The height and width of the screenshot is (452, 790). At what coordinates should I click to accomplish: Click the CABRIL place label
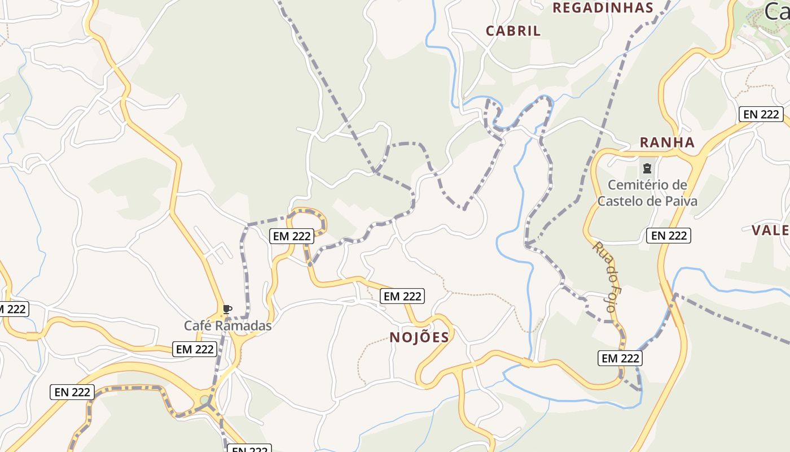[513, 31]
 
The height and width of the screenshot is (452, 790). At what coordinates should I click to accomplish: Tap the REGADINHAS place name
[602, 7]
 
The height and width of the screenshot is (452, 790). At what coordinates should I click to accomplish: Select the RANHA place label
[666, 142]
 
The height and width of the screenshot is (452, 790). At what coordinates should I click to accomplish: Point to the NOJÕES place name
[419, 337]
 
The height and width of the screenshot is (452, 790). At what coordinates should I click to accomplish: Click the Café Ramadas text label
[227, 325]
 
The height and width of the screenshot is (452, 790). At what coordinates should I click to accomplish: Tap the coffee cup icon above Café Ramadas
[227, 308]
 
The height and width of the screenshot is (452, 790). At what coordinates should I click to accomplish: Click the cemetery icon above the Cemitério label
[647, 168]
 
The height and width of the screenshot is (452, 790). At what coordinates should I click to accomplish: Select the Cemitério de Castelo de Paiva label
[647, 193]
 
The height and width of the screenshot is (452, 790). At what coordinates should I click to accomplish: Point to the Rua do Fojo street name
[606, 276]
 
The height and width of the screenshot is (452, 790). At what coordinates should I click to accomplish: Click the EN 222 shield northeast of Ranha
[761, 114]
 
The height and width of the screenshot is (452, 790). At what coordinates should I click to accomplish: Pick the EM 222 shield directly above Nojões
[402, 295]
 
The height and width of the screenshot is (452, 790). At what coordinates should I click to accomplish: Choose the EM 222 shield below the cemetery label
[669, 235]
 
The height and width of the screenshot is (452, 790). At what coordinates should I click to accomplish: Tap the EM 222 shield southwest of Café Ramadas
[195, 349]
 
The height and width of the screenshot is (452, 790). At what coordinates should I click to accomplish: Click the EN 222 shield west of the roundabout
[73, 392]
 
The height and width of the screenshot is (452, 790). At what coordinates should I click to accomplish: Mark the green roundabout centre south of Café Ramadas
[204, 400]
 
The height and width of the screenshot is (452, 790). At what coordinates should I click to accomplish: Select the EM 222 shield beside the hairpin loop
[292, 236]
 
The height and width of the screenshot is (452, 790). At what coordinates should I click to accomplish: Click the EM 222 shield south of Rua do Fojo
[620, 358]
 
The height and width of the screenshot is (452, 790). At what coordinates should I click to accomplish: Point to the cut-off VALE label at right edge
[770, 230]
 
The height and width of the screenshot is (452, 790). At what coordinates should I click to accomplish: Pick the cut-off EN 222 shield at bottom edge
[249, 449]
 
